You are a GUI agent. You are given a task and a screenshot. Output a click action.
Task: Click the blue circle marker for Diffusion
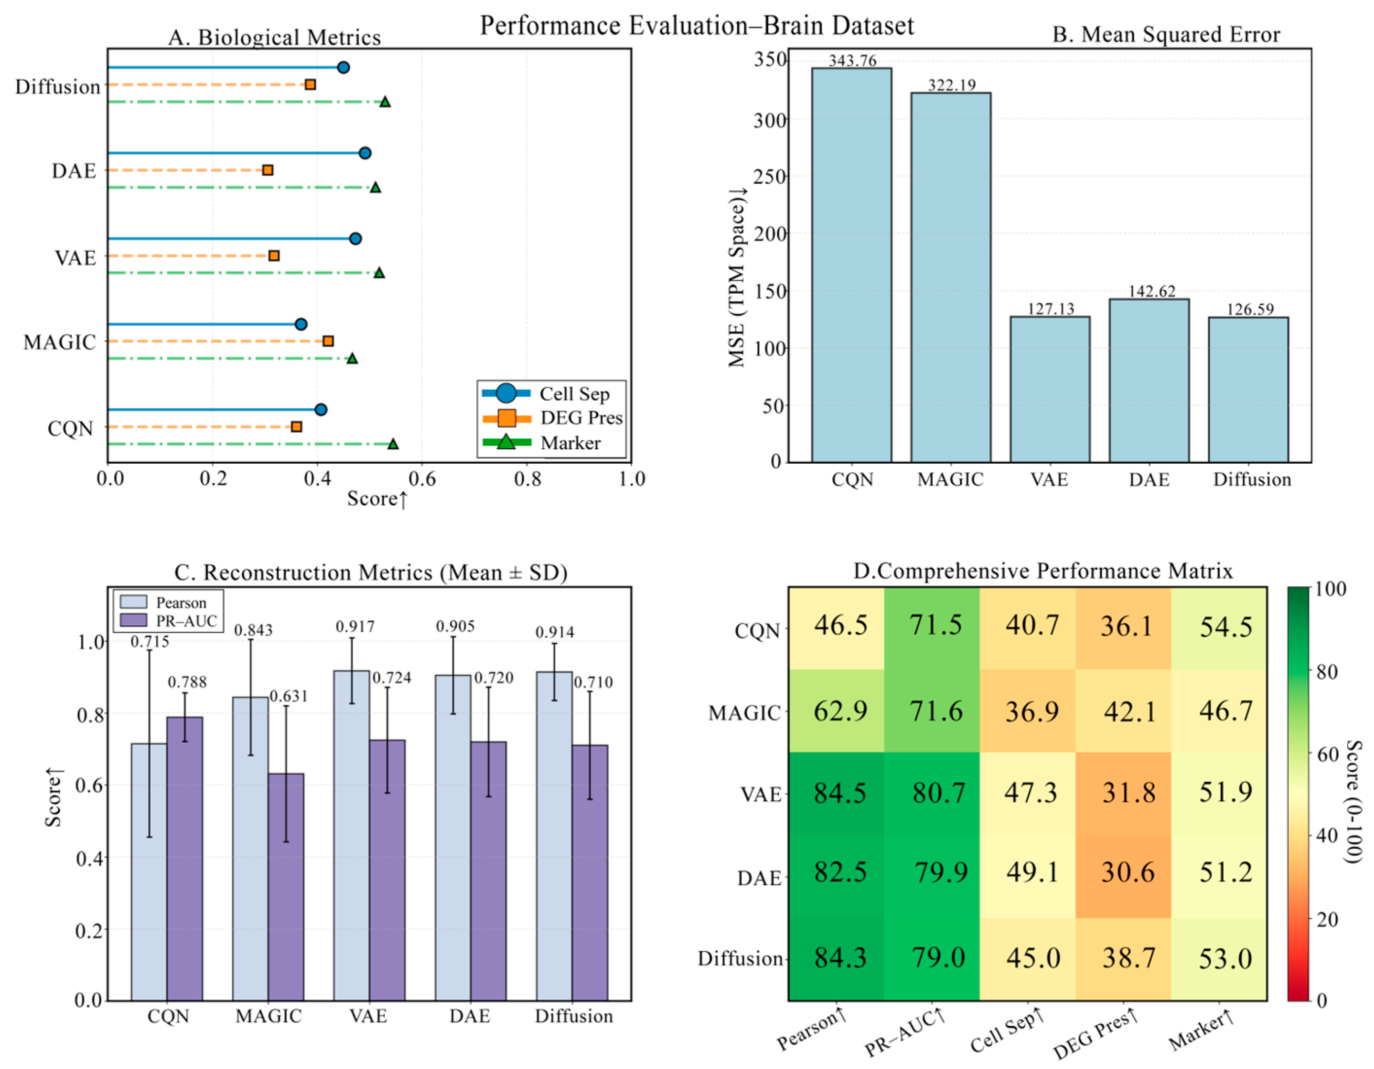coord(343,67)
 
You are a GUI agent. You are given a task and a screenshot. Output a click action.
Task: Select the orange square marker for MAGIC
coord(328,341)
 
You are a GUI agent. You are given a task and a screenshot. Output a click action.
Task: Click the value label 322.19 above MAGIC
coord(951,85)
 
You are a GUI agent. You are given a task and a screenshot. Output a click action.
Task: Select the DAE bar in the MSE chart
coord(1149,381)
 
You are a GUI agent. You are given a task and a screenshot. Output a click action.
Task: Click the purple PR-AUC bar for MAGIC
coord(286,887)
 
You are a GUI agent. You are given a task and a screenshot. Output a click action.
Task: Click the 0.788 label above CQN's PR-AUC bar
coord(187,682)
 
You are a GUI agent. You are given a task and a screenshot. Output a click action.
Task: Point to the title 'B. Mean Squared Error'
coord(1166,35)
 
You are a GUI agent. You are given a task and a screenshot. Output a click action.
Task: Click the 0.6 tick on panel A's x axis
coord(422,479)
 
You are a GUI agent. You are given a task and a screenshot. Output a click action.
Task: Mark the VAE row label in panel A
coord(75,258)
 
